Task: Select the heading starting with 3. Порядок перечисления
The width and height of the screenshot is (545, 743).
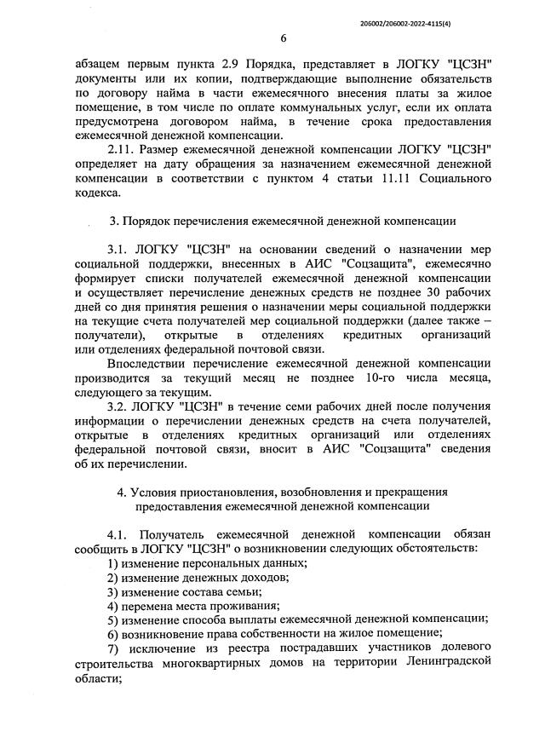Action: (x=283, y=221)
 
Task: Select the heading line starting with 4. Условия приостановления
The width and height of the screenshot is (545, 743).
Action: (x=283, y=492)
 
